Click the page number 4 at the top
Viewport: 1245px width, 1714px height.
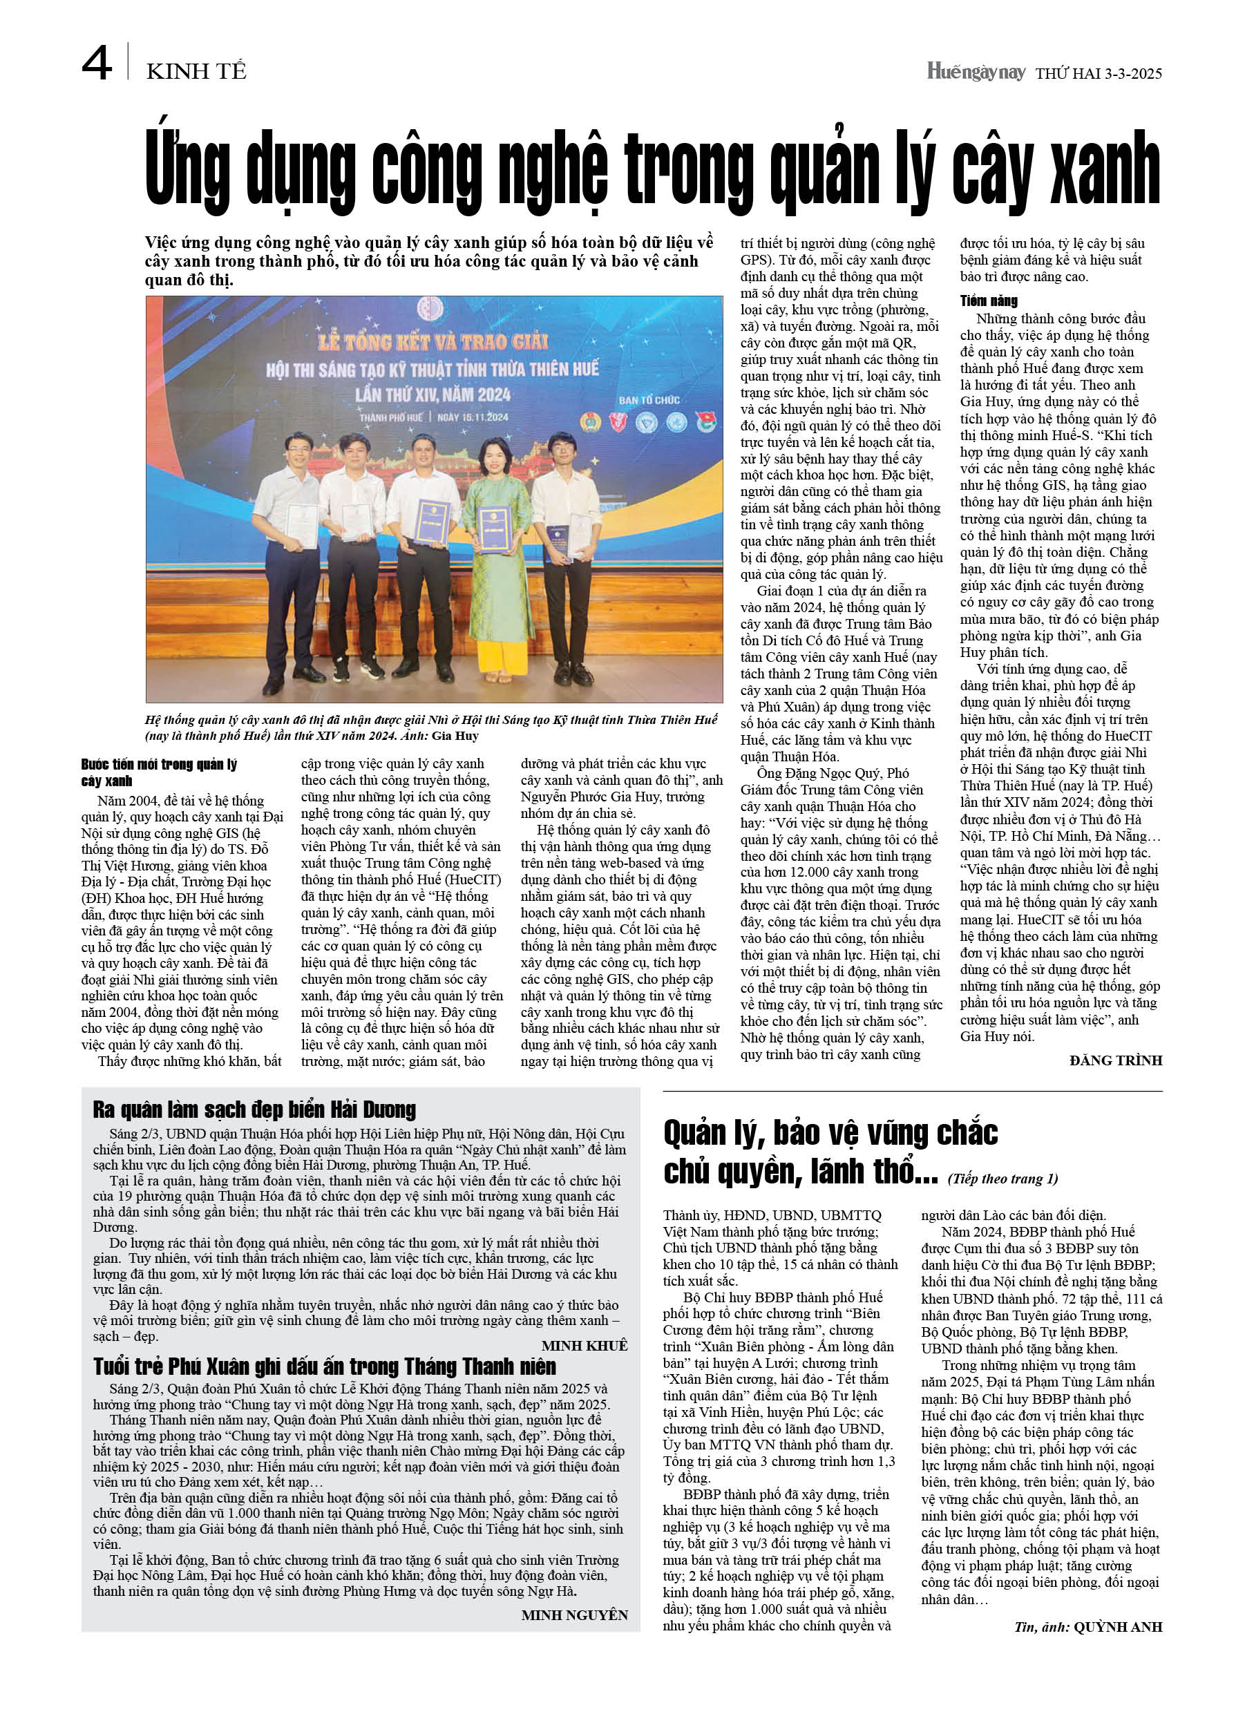pyautogui.click(x=97, y=64)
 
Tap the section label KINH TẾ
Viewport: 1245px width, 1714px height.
pyautogui.click(x=196, y=72)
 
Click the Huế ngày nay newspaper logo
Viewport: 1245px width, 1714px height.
pyautogui.click(x=975, y=72)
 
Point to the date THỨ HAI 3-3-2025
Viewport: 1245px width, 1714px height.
pyautogui.click(x=1099, y=73)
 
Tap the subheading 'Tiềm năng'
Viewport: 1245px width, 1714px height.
pyautogui.click(x=989, y=301)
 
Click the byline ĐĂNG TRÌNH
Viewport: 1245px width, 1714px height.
pyautogui.click(x=1115, y=1060)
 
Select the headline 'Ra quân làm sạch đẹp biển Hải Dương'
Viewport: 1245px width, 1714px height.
pyautogui.click(x=254, y=1110)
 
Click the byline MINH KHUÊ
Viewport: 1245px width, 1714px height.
pyautogui.click(x=585, y=1346)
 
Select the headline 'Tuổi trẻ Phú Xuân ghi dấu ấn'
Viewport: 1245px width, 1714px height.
pyautogui.click(x=324, y=1367)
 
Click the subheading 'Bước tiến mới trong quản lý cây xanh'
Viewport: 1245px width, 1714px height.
pyautogui.click(x=159, y=772)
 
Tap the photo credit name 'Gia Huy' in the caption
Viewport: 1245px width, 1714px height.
pyautogui.click(x=455, y=736)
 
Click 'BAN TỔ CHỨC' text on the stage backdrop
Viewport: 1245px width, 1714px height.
pyautogui.click(x=649, y=399)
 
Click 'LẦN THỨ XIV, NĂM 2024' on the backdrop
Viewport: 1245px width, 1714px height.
pyautogui.click(x=433, y=394)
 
